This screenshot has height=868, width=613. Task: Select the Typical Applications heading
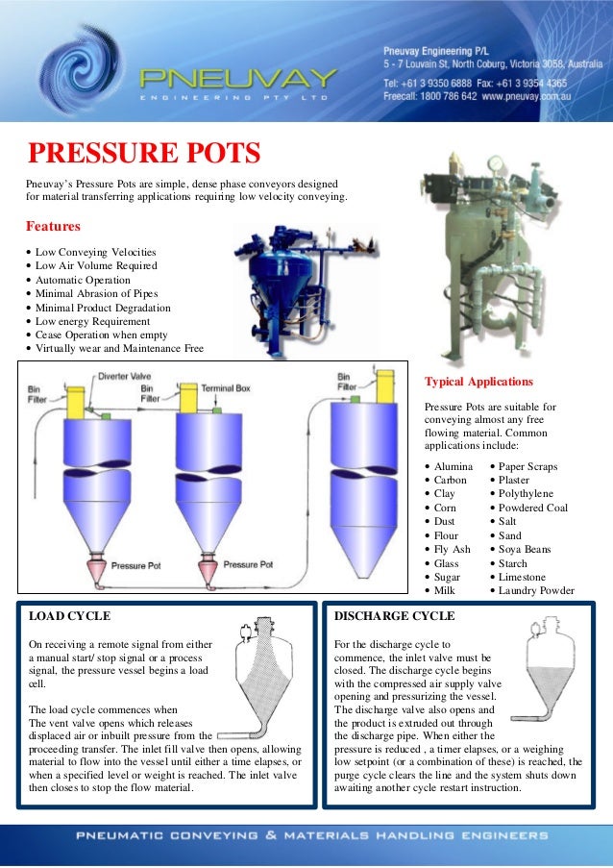point(478,382)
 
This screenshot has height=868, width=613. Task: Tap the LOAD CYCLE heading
point(70,615)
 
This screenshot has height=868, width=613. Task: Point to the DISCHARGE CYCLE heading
point(394,615)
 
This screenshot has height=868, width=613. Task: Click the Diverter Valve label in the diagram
point(124,377)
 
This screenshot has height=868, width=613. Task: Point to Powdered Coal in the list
point(533,508)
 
